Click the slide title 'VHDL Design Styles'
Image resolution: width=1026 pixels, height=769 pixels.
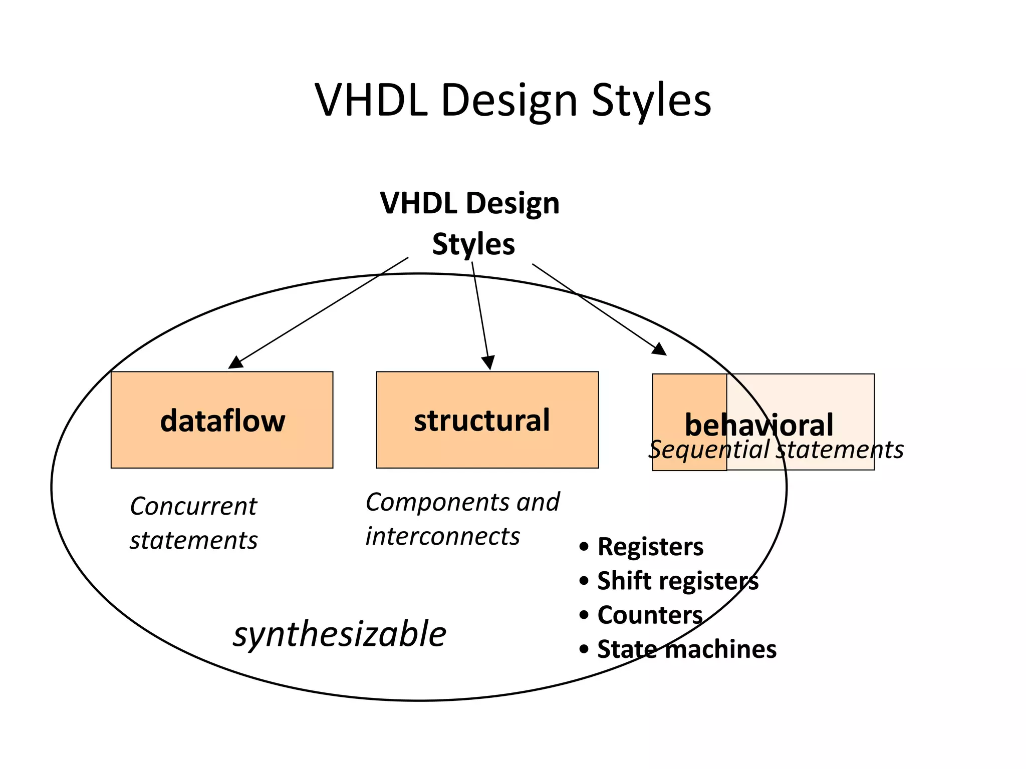pos(512,101)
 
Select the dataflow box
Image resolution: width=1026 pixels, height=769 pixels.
pos(222,420)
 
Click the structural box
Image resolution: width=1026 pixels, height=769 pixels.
pos(487,420)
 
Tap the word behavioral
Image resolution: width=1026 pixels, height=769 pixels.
pos(758,425)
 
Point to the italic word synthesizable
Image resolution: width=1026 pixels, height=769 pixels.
pos(340,634)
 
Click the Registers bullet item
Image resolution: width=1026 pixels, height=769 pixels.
pos(650,546)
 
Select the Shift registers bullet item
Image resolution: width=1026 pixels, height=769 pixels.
pos(677,581)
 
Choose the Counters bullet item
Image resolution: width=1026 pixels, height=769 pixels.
pos(650,615)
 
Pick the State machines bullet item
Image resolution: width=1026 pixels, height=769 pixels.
pos(686,649)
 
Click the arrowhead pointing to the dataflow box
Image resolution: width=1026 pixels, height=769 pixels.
pos(235,362)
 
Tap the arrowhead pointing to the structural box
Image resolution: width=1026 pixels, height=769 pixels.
pos(488,362)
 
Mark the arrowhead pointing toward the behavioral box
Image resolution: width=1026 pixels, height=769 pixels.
pos(660,349)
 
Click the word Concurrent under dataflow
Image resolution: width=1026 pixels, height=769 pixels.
pos(193,506)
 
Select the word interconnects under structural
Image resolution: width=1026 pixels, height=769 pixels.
pos(442,536)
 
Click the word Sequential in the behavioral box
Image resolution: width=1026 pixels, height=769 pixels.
pos(708,450)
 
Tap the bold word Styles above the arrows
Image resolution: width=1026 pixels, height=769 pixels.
pos(473,244)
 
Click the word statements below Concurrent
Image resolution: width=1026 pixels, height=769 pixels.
pos(193,541)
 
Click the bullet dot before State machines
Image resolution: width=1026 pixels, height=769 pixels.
pos(584,649)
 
